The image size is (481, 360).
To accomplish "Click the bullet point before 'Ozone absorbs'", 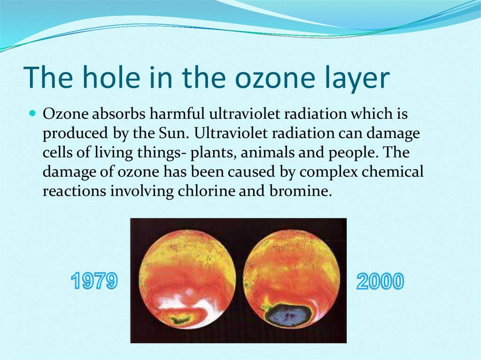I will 32,114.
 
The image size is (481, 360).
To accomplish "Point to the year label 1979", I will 94,282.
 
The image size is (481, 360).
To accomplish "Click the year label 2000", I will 380,282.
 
